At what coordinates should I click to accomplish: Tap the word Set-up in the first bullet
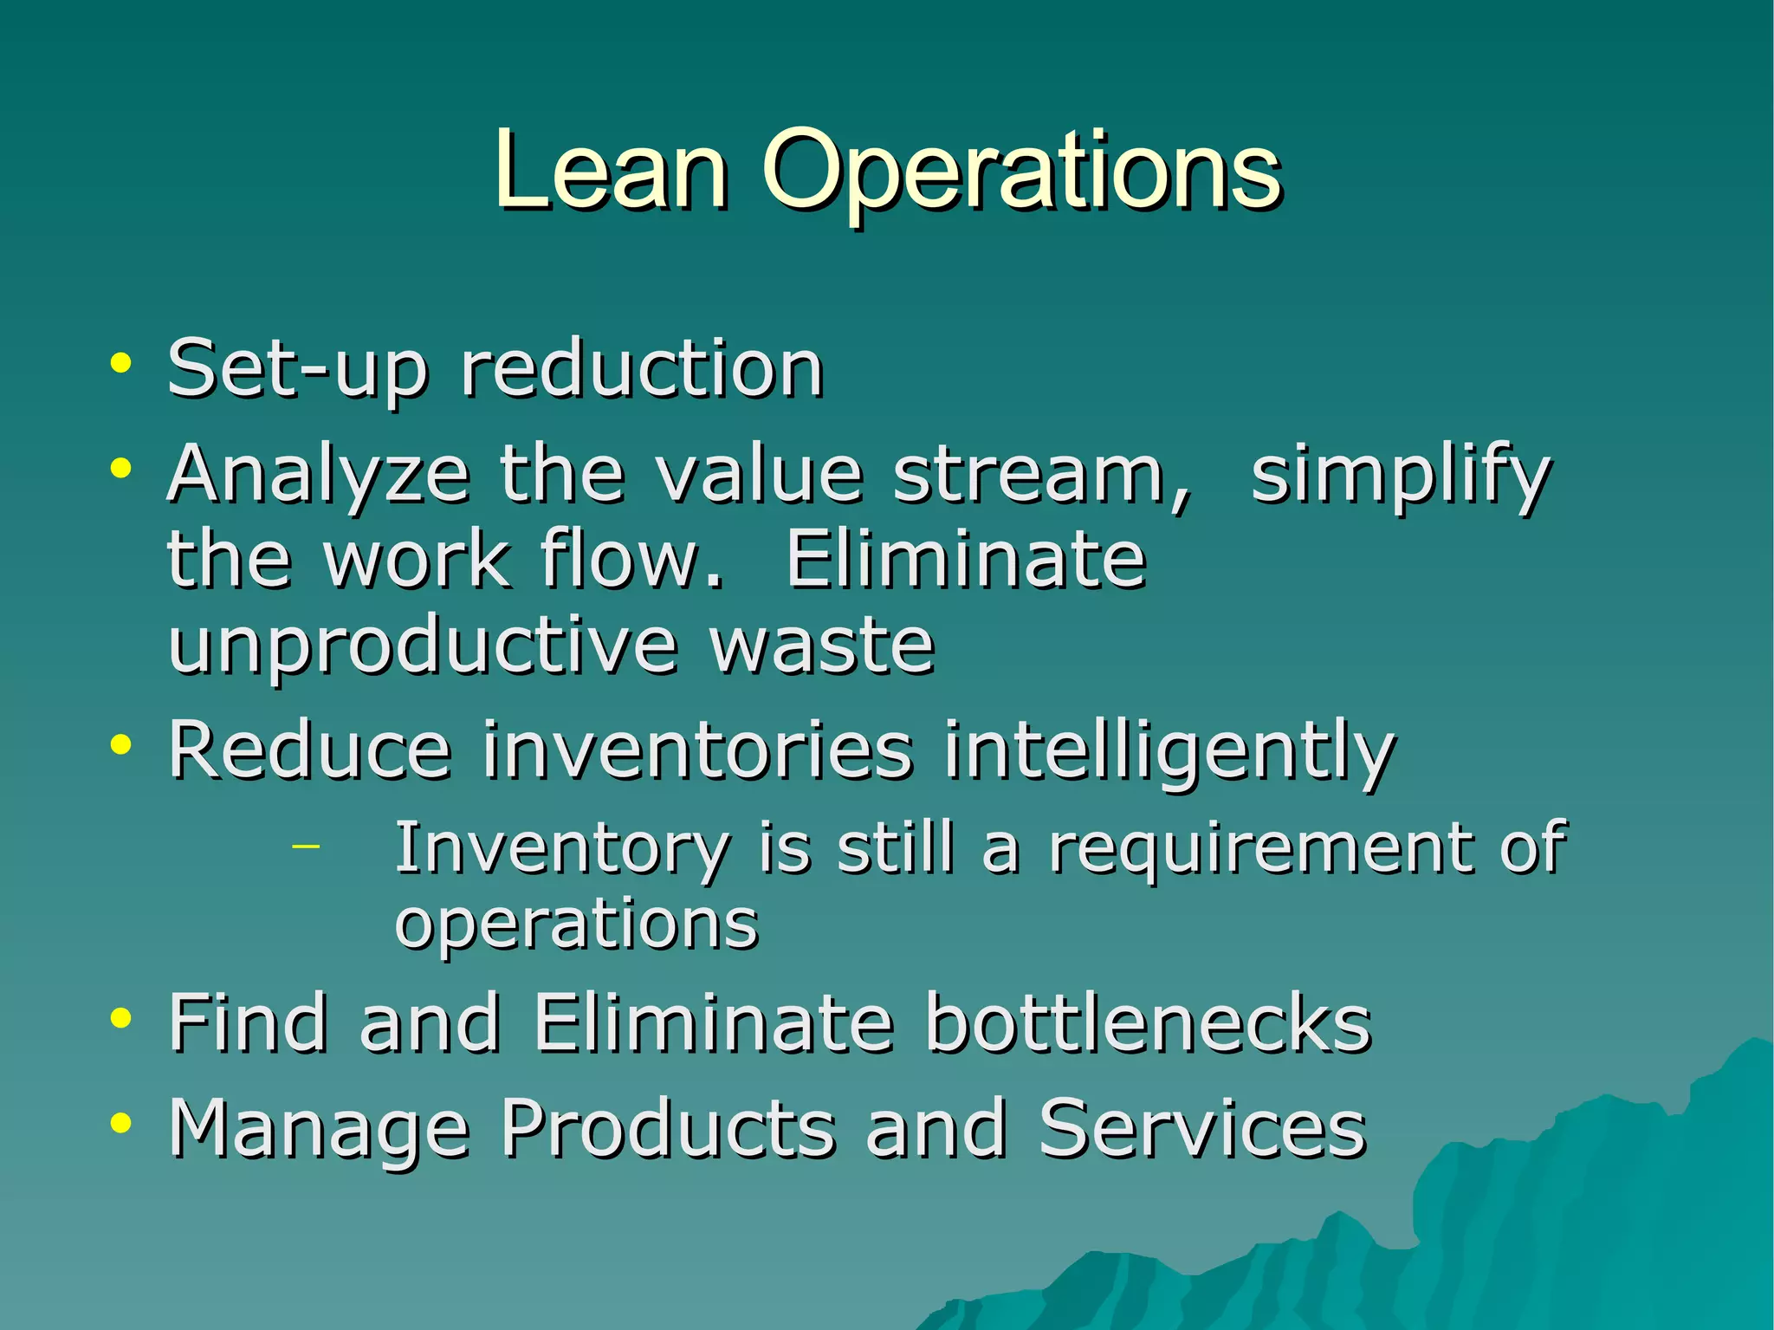(297, 370)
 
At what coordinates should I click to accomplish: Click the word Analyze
(318, 476)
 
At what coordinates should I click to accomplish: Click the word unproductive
(422, 647)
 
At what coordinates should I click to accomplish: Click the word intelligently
(1169, 751)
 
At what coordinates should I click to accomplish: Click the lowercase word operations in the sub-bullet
(576, 924)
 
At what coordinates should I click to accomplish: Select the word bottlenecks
(1148, 1023)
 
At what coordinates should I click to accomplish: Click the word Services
(1201, 1128)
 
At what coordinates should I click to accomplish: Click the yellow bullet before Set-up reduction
(120, 363)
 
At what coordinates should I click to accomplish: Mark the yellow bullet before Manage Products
(120, 1123)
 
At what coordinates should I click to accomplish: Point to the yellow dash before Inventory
(305, 844)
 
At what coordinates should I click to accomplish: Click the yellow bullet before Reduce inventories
(120, 744)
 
